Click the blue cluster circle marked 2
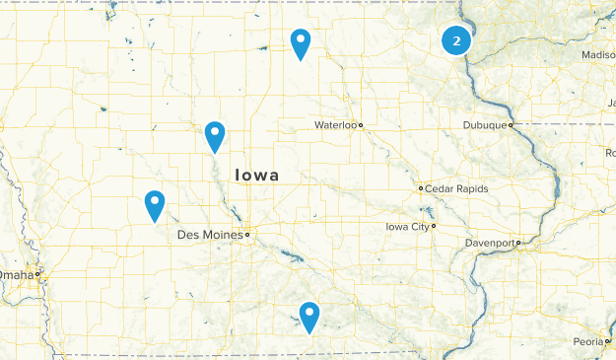coord(455,41)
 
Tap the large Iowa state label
coord(256,175)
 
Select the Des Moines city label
coord(209,236)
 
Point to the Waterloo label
coord(334,125)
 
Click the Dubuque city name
coord(485,125)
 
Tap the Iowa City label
coord(406,226)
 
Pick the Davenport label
coord(489,243)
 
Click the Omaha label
coord(17,274)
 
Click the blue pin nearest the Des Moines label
coord(155,204)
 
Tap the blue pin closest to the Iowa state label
coord(215,135)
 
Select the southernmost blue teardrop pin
coord(310,316)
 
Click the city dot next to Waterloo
coord(361,125)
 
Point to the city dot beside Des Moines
coord(247,236)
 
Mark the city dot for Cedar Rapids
coord(421,187)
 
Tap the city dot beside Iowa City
coord(434,226)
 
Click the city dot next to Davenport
coord(518,243)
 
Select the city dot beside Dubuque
coord(511,125)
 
